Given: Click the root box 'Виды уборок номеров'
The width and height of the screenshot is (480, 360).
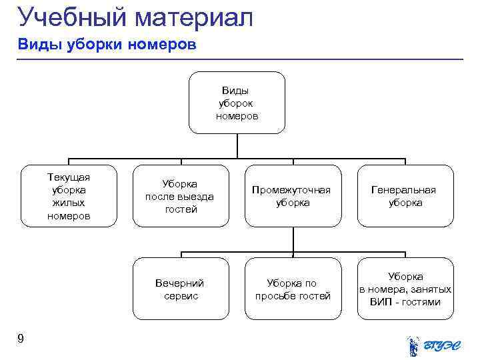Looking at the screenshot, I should [237, 103].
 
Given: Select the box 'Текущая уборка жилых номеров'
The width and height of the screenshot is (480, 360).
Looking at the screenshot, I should [69, 196].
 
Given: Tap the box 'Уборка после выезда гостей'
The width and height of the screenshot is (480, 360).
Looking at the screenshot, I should [180, 196].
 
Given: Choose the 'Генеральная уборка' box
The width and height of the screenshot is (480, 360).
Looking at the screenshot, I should [405, 196].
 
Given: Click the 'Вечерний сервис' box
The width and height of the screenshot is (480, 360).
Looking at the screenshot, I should [180, 289].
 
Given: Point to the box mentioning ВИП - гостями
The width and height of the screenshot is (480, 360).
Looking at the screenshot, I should [405, 289].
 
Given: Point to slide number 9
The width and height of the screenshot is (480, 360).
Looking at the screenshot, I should [21, 339].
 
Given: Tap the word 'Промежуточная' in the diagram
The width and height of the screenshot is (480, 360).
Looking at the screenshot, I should [292, 190].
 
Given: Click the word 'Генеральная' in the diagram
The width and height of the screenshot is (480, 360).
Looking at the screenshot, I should [405, 190].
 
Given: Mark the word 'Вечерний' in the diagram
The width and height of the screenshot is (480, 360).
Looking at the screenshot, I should [180, 283].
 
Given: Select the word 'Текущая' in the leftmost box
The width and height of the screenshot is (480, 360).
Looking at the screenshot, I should [69, 177].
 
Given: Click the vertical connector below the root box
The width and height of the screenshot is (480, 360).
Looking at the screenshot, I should [237, 145].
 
